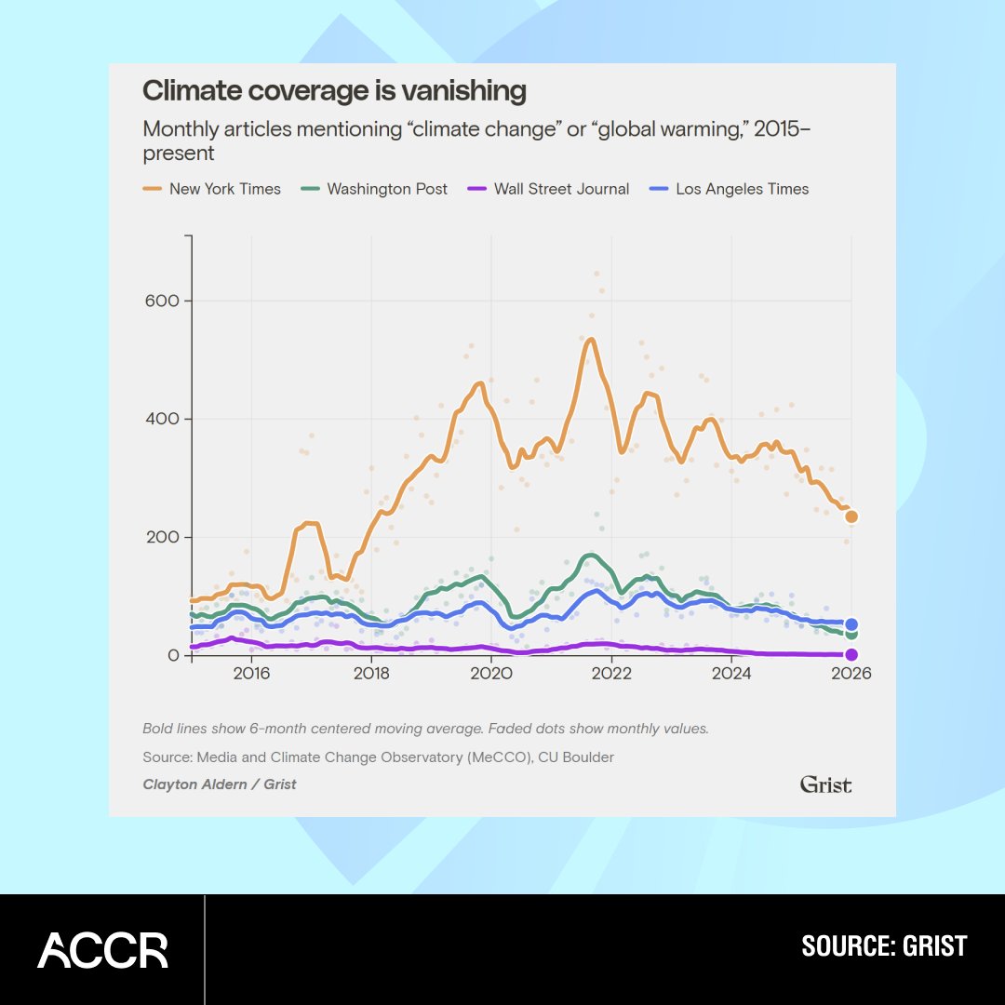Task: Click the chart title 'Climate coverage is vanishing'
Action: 334,91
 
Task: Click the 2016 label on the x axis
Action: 250,674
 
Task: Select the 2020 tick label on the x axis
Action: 491,674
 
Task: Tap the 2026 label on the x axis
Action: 851,674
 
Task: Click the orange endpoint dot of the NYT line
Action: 851,516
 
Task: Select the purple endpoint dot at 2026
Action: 851,654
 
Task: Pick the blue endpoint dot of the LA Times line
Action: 851,624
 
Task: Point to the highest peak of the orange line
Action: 590,340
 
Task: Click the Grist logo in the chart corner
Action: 825,784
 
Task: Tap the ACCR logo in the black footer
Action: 102,950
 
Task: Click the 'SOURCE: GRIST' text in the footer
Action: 884,947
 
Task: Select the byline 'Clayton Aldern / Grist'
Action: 220,784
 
